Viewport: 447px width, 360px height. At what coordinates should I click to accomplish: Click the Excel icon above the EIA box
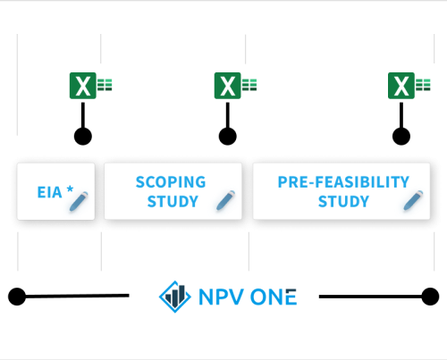[90, 86]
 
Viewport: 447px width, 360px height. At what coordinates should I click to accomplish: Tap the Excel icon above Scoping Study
[235, 86]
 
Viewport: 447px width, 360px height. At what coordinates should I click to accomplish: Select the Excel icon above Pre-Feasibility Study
[409, 86]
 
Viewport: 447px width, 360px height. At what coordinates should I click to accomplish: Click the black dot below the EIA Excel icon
[83, 137]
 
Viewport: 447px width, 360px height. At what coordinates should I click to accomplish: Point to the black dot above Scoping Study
[228, 137]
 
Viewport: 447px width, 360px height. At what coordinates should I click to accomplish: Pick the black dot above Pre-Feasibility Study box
[401, 137]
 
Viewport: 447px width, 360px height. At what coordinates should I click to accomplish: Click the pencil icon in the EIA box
[79, 201]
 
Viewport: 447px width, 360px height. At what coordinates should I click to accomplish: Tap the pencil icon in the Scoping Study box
[225, 200]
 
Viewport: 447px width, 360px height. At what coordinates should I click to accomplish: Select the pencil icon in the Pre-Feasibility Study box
[413, 200]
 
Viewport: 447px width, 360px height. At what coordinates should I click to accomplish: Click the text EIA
[49, 192]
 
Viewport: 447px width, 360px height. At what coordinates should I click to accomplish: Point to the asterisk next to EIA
[70, 189]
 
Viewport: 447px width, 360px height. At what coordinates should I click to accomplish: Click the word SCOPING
[171, 182]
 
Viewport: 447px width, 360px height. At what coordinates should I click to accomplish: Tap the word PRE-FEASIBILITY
[343, 182]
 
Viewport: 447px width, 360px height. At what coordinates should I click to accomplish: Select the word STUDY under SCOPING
[173, 202]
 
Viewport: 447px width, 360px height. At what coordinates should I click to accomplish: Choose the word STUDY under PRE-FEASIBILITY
[343, 202]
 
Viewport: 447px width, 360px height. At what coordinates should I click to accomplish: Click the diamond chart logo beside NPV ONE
[175, 297]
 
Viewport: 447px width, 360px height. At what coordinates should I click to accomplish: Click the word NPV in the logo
[221, 297]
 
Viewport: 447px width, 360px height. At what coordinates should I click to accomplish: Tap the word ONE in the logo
[274, 297]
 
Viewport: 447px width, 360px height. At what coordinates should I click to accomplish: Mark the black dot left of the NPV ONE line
[17, 297]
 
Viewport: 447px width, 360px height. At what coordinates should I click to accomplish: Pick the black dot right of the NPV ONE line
[430, 297]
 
